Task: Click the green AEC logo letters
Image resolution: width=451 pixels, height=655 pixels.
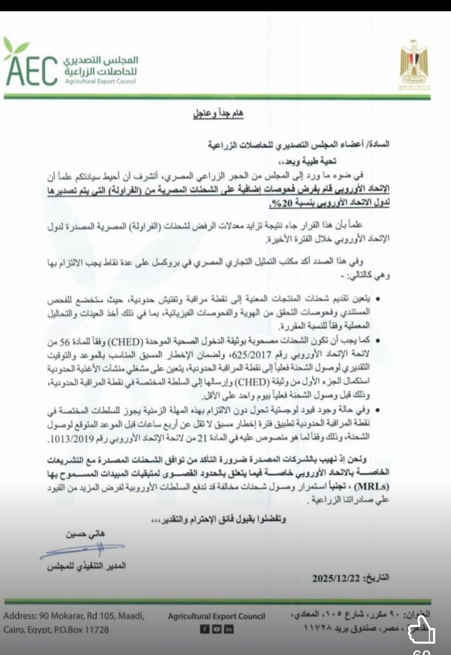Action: click(31, 72)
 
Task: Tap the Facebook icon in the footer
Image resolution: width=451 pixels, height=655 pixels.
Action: click(203, 629)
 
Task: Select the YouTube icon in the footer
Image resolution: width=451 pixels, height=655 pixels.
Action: click(216, 629)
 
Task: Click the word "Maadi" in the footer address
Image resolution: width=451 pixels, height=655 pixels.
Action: click(132, 616)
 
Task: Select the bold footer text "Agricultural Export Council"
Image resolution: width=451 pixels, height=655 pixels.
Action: click(217, 617)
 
